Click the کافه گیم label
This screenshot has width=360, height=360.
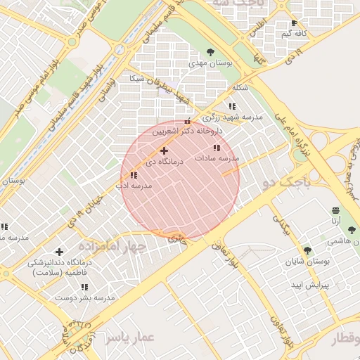295,34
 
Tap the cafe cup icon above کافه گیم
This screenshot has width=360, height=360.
295,23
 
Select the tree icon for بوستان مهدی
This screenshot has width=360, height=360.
211,52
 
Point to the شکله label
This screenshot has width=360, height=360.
240,88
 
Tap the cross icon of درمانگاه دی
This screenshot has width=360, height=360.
164,150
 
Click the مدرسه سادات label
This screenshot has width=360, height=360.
217,158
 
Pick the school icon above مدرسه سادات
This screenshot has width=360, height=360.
217,148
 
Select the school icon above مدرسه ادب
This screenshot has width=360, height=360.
134,175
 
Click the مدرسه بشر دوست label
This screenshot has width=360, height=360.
84,298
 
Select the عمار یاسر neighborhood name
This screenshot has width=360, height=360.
130,337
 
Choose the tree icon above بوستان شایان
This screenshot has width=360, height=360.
307,250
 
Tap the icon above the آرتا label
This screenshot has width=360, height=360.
335,211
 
